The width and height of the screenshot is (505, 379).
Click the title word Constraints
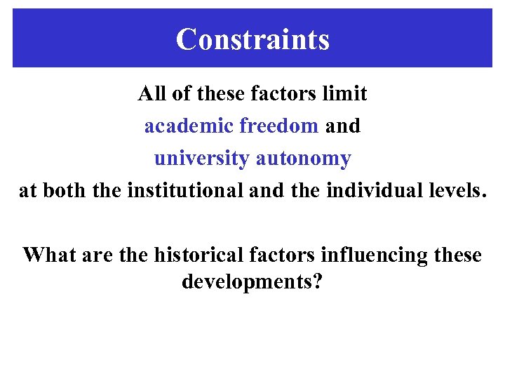(252, 39)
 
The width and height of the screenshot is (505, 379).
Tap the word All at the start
(150, 93)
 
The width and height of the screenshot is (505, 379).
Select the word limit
(349, 93)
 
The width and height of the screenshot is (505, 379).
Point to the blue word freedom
(279, 126)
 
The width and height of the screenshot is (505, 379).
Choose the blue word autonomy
(303, 159)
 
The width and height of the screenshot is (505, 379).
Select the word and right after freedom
(343, 126)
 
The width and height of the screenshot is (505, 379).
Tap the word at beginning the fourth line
(27, 191)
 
